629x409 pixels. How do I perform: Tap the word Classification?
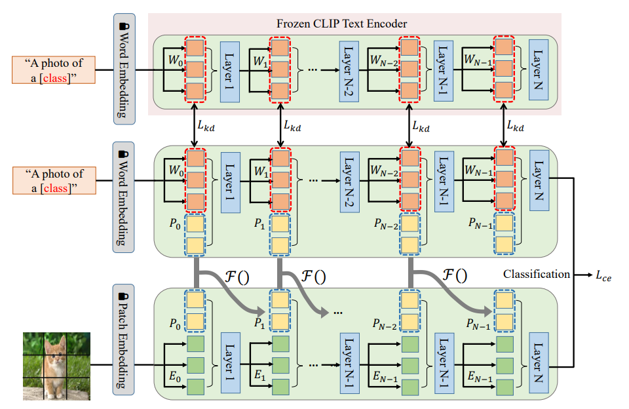536,275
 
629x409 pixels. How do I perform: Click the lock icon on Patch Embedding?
124,294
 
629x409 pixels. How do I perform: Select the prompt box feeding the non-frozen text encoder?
54,180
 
